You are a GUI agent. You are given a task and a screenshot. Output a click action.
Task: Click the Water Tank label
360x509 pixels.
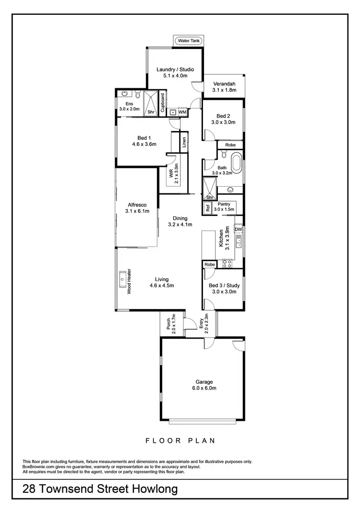tap(189, 41)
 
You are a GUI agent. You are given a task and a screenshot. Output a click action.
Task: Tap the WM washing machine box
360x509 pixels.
tap(182, 112)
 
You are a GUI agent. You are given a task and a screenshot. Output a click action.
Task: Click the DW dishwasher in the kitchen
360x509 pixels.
tap(239, 230)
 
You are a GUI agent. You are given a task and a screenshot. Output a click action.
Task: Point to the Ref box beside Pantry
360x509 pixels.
tap(208, 208)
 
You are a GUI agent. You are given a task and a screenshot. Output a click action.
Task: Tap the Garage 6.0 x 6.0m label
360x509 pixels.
tap(204, 385)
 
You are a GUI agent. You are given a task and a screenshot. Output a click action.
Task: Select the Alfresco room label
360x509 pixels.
tap(136, 208)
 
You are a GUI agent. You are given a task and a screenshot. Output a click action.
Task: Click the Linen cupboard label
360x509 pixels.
tap(184, 143)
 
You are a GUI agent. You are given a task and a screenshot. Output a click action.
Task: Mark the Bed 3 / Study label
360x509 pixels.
tap(224, 288)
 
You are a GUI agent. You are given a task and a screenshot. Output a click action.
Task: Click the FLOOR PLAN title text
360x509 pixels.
tap(180, 439)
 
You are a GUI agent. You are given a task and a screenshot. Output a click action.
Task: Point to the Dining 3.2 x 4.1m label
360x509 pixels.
tap(180, 221)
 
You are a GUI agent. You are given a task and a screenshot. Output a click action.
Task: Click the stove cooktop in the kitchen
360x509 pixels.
tap(226, 263)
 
